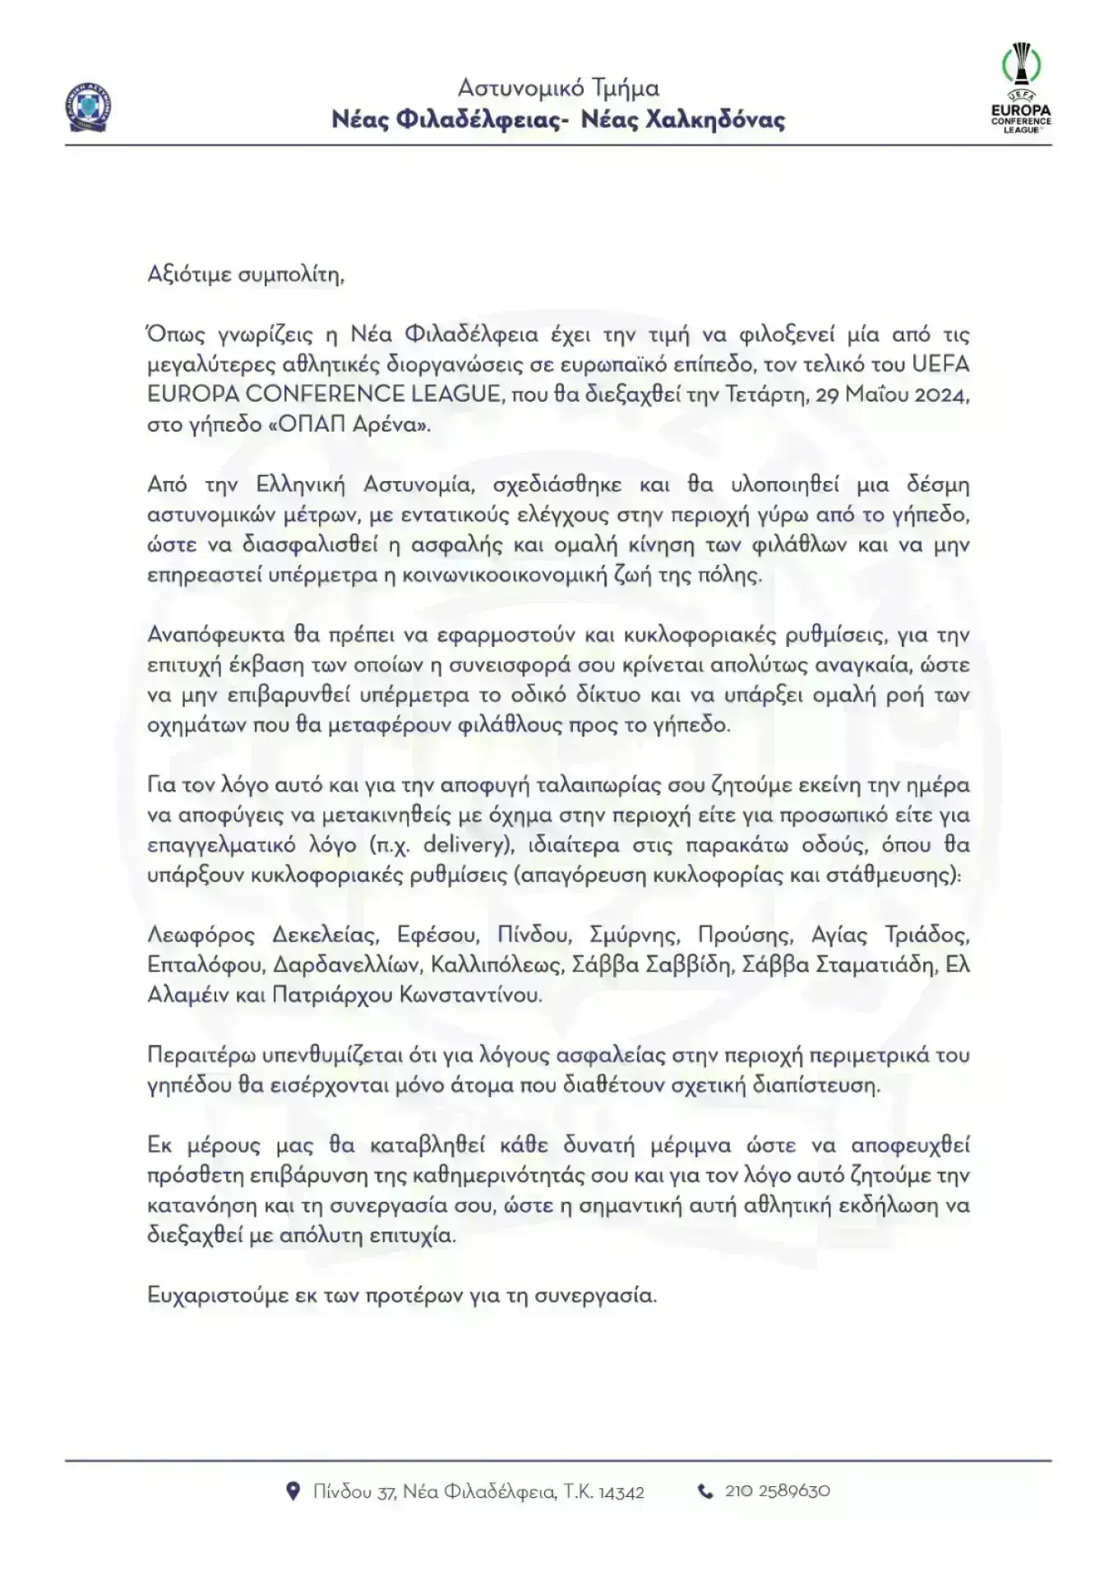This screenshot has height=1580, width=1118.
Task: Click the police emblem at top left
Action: click(86, 108)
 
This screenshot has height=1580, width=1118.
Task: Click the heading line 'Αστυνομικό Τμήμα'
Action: click(558, 88)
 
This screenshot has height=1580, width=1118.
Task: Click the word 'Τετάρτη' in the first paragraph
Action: click(764, 395)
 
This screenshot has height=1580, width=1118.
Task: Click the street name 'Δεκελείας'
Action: click(326, 935)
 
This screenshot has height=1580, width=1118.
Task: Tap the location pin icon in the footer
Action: click(293, 1491)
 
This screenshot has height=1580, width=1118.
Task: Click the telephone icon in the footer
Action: click(705, 1491)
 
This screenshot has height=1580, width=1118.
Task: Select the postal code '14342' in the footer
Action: click(621, 1492)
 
